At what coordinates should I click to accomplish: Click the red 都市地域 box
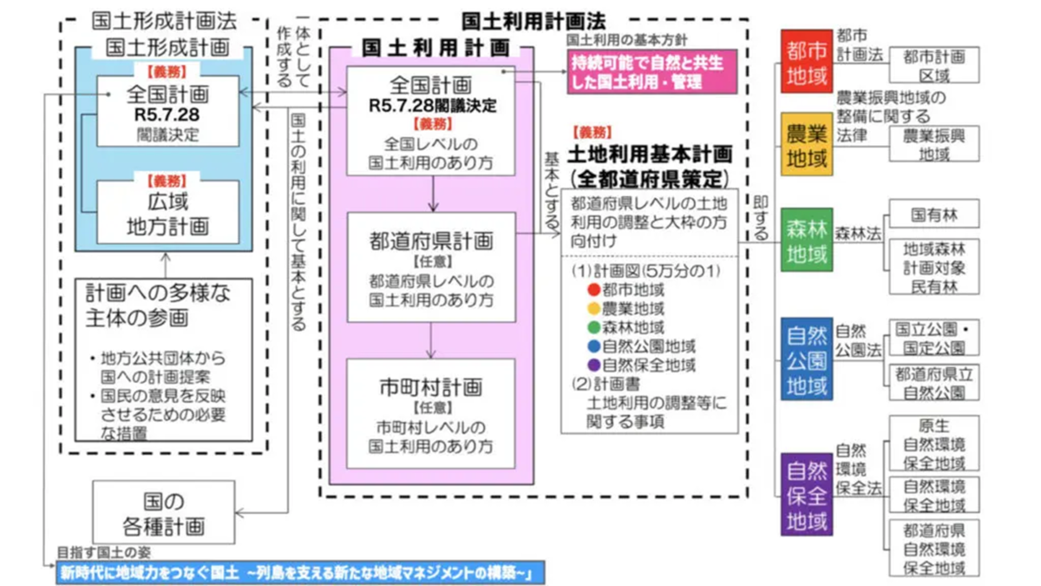tap(807, 65)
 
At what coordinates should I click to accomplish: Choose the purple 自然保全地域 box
tap(807, 494)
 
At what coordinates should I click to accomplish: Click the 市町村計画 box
tap(430, 412)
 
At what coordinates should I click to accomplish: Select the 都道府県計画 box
tap(430, 265)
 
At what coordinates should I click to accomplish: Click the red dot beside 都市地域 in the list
tap(593, 290)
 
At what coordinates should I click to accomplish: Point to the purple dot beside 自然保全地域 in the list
tap(593, 365)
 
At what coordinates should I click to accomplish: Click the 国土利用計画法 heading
tap(534, 19)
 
